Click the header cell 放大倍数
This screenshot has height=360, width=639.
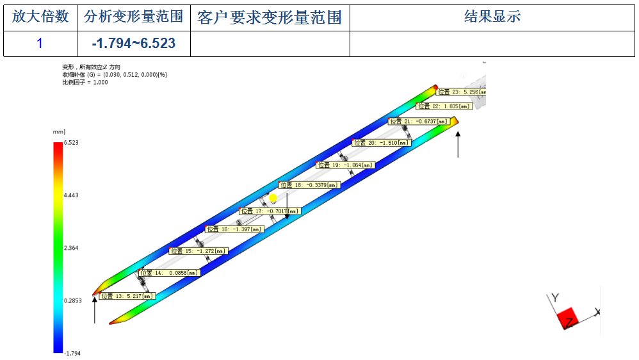(x=40, y=17)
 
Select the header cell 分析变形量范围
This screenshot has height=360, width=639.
(x=133, y=17)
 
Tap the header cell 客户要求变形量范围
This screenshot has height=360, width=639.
(x=269, y=17)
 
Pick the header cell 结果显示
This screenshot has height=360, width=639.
(x=492, y=17)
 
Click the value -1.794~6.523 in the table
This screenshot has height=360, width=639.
(x=133, y=44)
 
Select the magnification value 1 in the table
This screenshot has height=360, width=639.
(x=40, y=44)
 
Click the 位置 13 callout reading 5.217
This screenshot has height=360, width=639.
(x=127, y=296)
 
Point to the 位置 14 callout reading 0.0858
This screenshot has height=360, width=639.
(x=169, y=272)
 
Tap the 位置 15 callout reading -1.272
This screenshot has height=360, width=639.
(x=199, y=251)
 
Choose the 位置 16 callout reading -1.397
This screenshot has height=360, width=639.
(x=234, y=229)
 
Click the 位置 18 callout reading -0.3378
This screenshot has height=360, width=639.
(x=309, y=185)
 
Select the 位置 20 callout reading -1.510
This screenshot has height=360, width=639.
(x=382, y=143)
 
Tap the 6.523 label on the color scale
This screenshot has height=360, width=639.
(x=70, y=143)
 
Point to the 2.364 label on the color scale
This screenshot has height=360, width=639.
(x=70, y=247)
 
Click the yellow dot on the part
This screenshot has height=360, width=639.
(x=273, y=199)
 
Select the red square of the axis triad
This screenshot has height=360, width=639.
(x=568, y=316)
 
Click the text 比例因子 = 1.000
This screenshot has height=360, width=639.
(x=85, y=82)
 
